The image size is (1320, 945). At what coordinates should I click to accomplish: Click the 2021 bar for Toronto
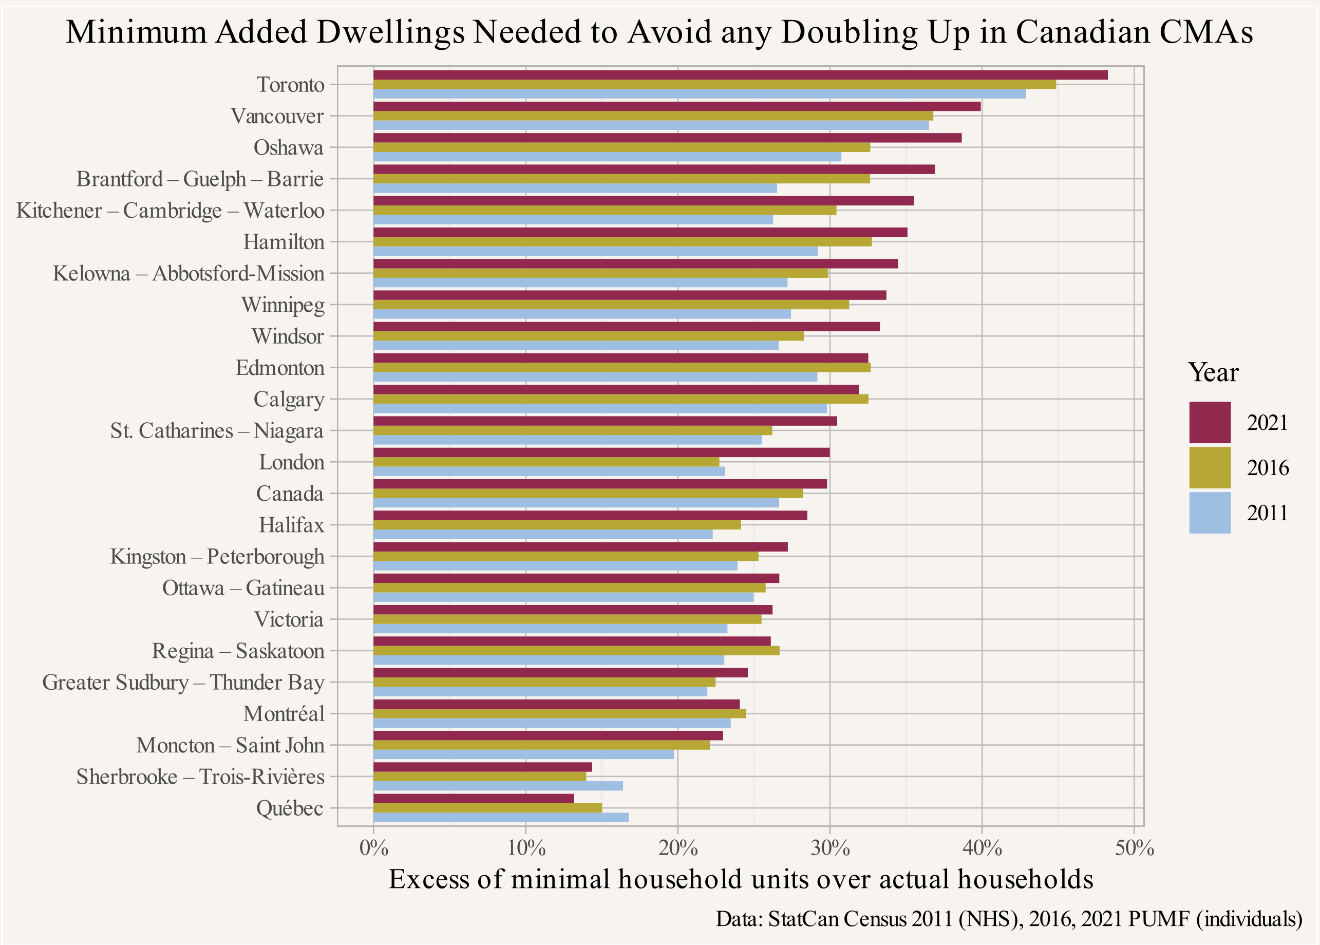tap(740, 75)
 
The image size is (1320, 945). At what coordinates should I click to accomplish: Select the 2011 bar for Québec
tap(500, 818)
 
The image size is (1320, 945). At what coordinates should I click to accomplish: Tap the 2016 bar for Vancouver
tap(653, 116)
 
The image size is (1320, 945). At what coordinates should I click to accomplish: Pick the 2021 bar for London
tap(601, 452)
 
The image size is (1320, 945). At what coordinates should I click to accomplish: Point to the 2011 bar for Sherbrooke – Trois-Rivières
tap(497, 786)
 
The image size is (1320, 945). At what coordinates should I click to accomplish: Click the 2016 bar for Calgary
tap(620, 399)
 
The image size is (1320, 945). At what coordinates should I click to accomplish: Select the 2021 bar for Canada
tap(600, 484)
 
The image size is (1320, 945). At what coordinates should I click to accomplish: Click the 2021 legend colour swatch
tap(1210, 423)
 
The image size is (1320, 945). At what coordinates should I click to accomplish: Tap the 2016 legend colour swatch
tap(1210, 467)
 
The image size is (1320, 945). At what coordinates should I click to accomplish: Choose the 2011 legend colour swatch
tap(1210, 513)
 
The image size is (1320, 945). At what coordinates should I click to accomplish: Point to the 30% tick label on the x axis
tap(830, 849)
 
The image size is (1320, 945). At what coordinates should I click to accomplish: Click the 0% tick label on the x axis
tap(373, 849)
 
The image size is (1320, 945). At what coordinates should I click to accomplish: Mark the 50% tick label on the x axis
tap(1135, 849)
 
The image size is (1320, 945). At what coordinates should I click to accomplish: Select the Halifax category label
tap(291, 525)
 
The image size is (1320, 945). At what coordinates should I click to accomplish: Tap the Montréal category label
tap(284, 714)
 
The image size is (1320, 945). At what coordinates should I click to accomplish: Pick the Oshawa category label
tap(288, 148)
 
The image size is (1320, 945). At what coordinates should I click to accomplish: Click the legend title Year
tap(1213, 373)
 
